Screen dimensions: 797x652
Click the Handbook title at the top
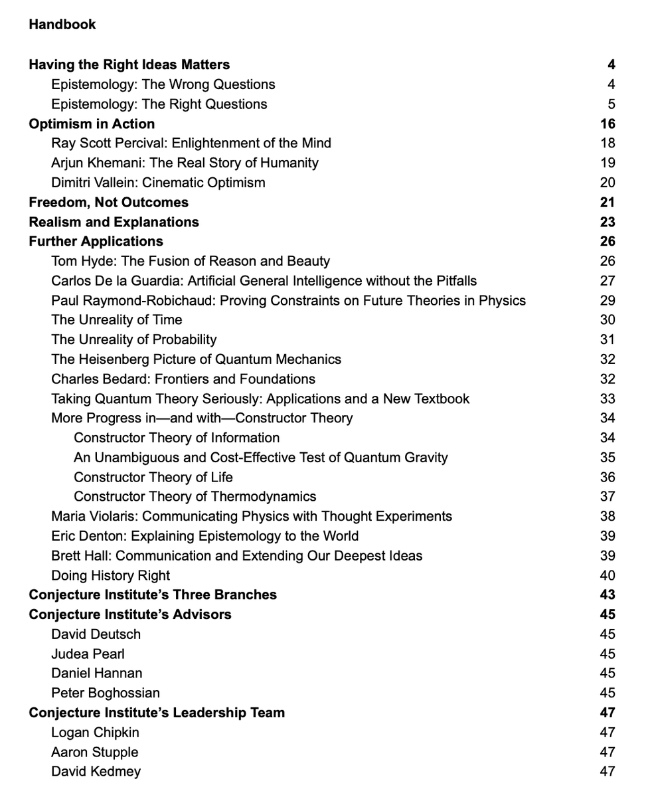click(62, 25)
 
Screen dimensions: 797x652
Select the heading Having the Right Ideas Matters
click(129, 64)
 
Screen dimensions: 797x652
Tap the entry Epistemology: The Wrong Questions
click(163, 84)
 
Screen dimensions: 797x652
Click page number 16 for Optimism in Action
click(607, 124)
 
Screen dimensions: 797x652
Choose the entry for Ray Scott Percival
click(191, 143)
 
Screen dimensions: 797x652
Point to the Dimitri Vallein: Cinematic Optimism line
click(158, 183)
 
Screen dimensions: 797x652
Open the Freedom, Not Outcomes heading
click(108, 203)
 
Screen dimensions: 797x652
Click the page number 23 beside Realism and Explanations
click(607, 222)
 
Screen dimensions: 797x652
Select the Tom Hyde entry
click(190, 261)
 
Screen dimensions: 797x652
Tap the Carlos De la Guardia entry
click(264, 281)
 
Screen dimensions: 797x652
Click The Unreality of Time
click(116, 320)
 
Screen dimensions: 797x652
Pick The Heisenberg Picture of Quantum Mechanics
click(196, 359)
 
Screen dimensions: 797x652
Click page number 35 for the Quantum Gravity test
click(607, 458)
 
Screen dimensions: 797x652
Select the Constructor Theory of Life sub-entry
click(153, 478)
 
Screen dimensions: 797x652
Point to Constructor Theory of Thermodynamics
click(195, 497)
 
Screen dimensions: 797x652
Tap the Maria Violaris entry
click(251, 517)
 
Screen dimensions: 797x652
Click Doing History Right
click(110, 576)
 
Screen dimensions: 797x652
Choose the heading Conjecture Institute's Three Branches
click(153, 595)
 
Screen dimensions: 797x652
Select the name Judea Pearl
click(88, 654)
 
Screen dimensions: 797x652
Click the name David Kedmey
click(96, 772)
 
